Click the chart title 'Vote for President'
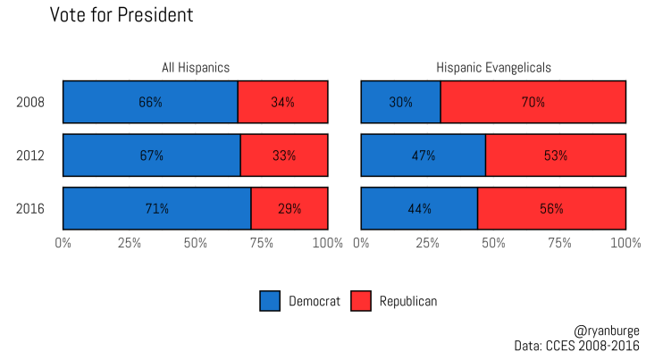click(x=121, y=15)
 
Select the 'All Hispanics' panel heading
click(x=195, y=67)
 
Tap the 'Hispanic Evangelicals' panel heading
click(x=493, y=67)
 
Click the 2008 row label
click(x=30, y=102)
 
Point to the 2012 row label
click(x=30, y=155)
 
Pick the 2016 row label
click(x=30, y=209)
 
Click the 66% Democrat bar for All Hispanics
click(x=150, y=102)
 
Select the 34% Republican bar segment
click(x=282, y=102)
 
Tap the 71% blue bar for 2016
click(x=156, y=209)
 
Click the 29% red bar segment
click(x=289, y=209)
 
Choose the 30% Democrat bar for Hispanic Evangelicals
click(x=400, y=102)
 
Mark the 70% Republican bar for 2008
click(x=533, y=102)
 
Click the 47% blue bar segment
click(x=423, y=155)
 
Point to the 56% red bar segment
click(x=551, y=209)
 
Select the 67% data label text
click(x=151, y=155)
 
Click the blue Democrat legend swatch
click(x=270, y=301)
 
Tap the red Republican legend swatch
click(x=361, y=301)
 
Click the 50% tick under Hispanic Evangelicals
click(x=493, y=242)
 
